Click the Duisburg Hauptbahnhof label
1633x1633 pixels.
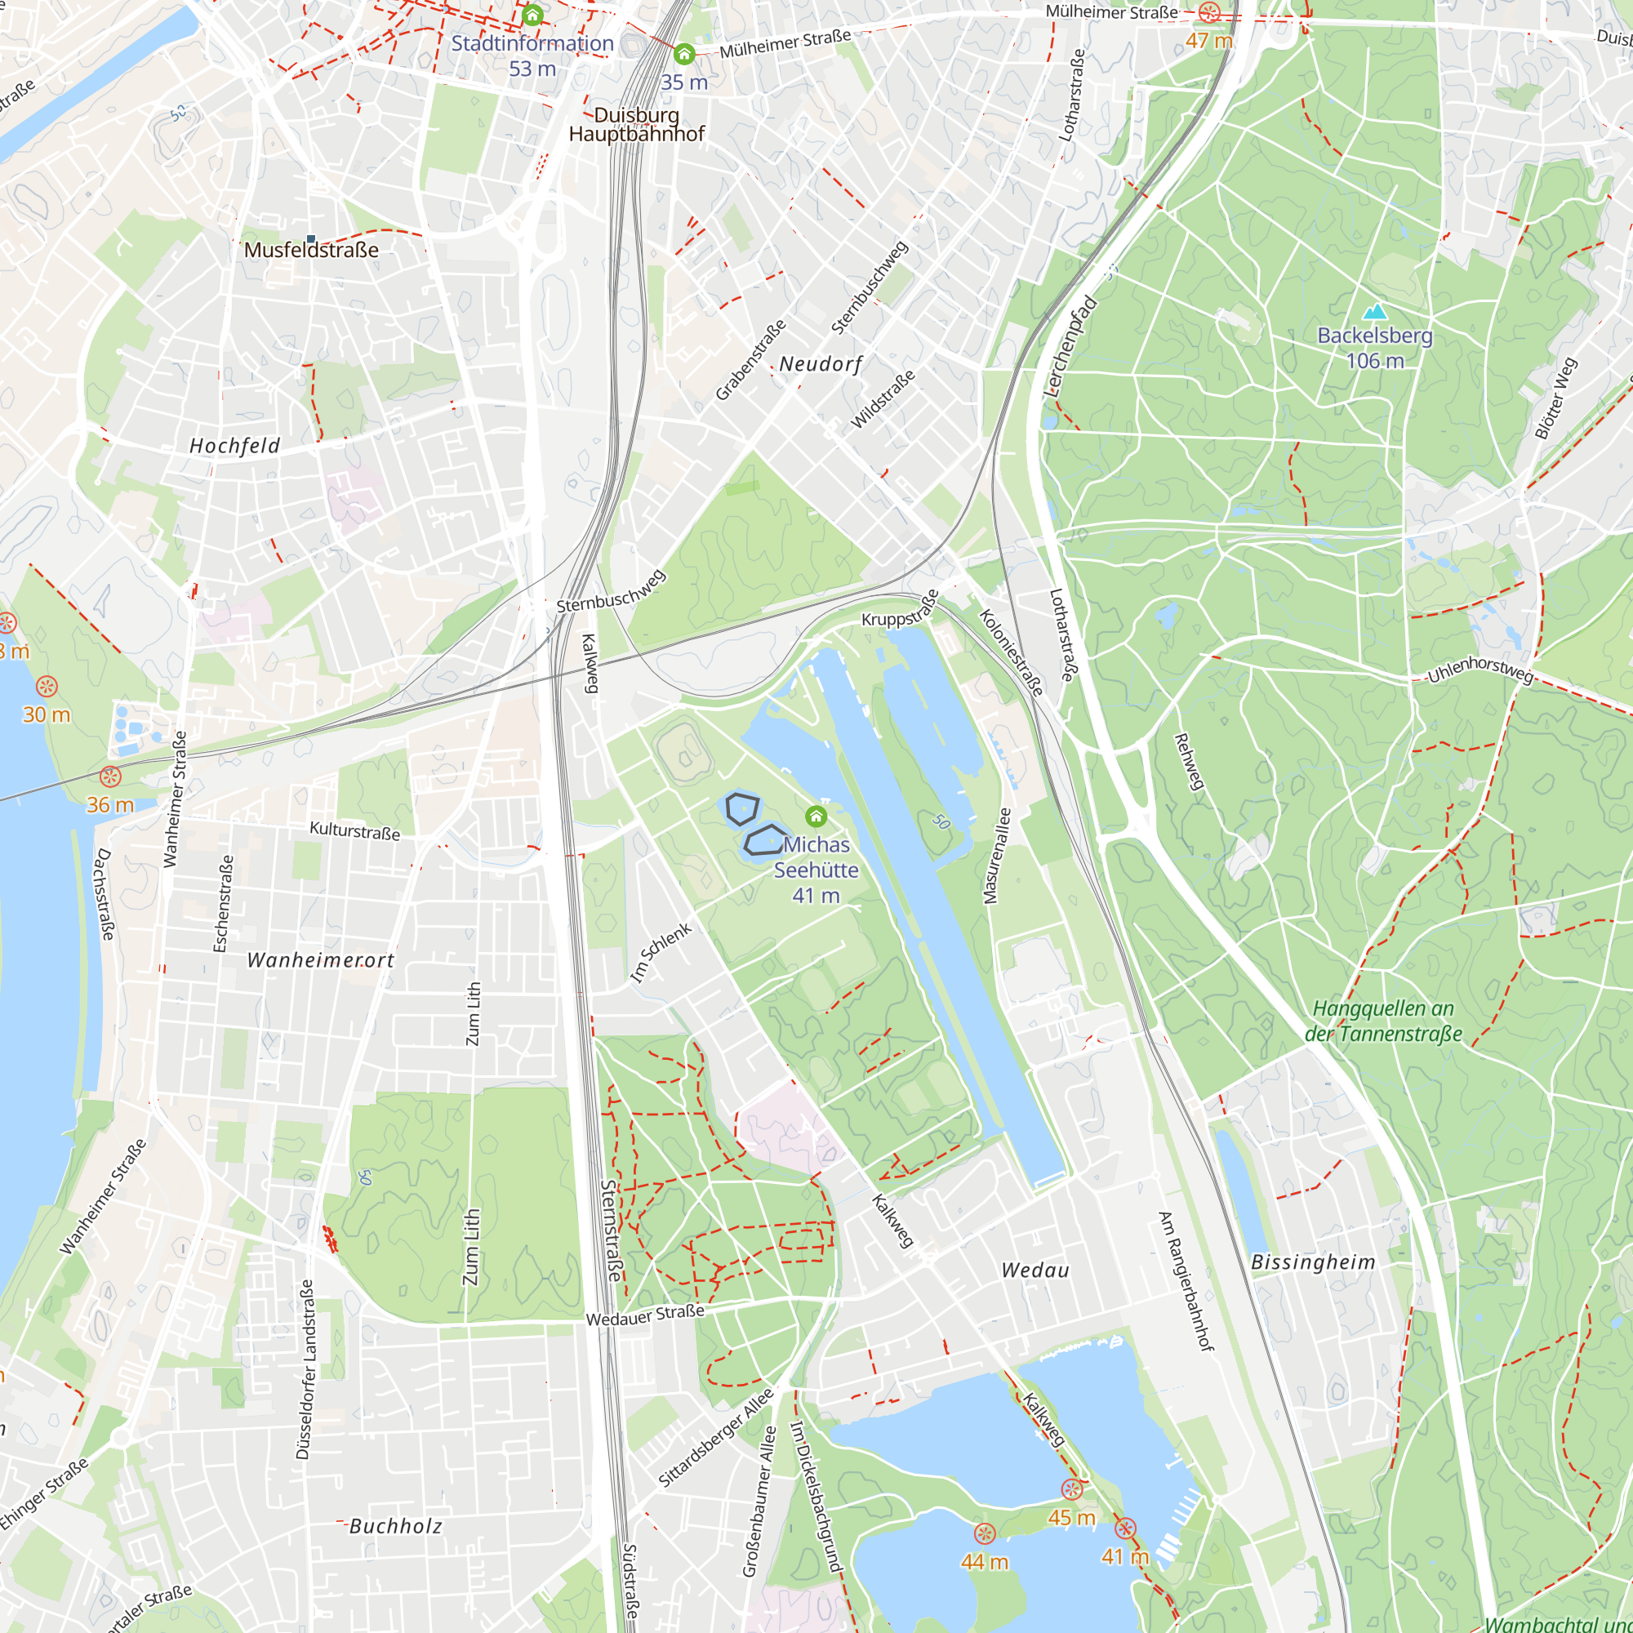point(637,124)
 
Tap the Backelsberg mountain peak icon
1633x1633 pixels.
point(1374,312)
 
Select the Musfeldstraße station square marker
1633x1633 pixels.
point(311,239)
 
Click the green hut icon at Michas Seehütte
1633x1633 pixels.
point(816,816)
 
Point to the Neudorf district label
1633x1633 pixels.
point(821,364)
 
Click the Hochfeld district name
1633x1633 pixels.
point(234,446)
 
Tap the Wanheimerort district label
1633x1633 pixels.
point(320,960)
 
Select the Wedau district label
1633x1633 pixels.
point(1035,1270)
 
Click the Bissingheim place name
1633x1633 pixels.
point(1314,1262)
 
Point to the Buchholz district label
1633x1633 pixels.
point(395,1526)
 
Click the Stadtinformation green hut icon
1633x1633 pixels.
point(532,16)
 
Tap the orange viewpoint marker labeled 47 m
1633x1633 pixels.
point(1209,11)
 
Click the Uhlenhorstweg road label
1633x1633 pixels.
point(1480,669)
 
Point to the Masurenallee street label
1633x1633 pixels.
point(998,856)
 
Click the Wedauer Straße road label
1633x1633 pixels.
point(645,1315)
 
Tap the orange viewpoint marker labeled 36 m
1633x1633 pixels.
point(110,776)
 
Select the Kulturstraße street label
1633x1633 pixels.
point(355,831)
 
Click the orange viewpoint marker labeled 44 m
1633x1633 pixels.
point(984,1533)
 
